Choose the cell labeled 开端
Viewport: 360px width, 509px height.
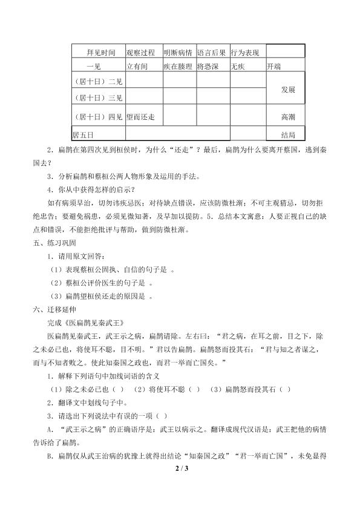(273, 66)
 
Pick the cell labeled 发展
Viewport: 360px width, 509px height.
(288, 89)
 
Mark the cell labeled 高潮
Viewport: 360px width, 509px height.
(288, 116)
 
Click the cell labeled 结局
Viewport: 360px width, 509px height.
(288, 133)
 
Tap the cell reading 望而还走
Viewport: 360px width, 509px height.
(141, 116)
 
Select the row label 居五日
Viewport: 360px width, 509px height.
(84, 133)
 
